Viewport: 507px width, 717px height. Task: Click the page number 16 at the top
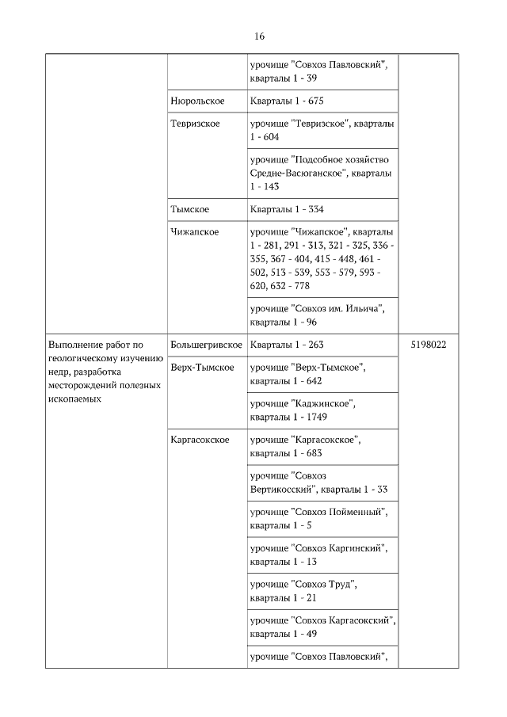click(x=259, y=36)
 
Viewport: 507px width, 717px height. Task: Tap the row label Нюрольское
click(x=197, y=101)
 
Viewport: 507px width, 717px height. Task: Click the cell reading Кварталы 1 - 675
click(x=287, y=101)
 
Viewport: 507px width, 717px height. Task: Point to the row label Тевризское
click(x=195, y=124)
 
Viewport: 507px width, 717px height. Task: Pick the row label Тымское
click(x=189, y=209)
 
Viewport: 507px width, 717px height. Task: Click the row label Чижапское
click(x=194, y=231)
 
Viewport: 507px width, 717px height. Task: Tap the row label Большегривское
click(x=206, y=345)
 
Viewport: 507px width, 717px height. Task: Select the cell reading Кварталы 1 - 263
click(x=287, y=345)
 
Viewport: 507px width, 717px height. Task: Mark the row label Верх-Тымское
click(x=202, y=368)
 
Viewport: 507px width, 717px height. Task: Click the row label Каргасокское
click(x=200, y=439)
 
